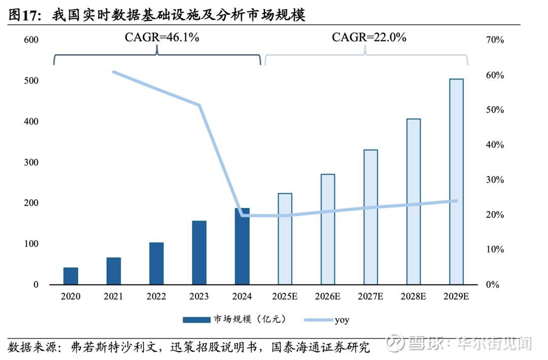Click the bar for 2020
(71, 276)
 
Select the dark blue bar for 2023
(199, 253)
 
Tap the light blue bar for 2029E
(457, 182)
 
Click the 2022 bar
(156, 263)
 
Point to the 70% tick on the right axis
(494, 40)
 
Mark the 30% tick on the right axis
(494, 180)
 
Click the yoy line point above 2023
(199, 105)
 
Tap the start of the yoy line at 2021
(113, 72)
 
